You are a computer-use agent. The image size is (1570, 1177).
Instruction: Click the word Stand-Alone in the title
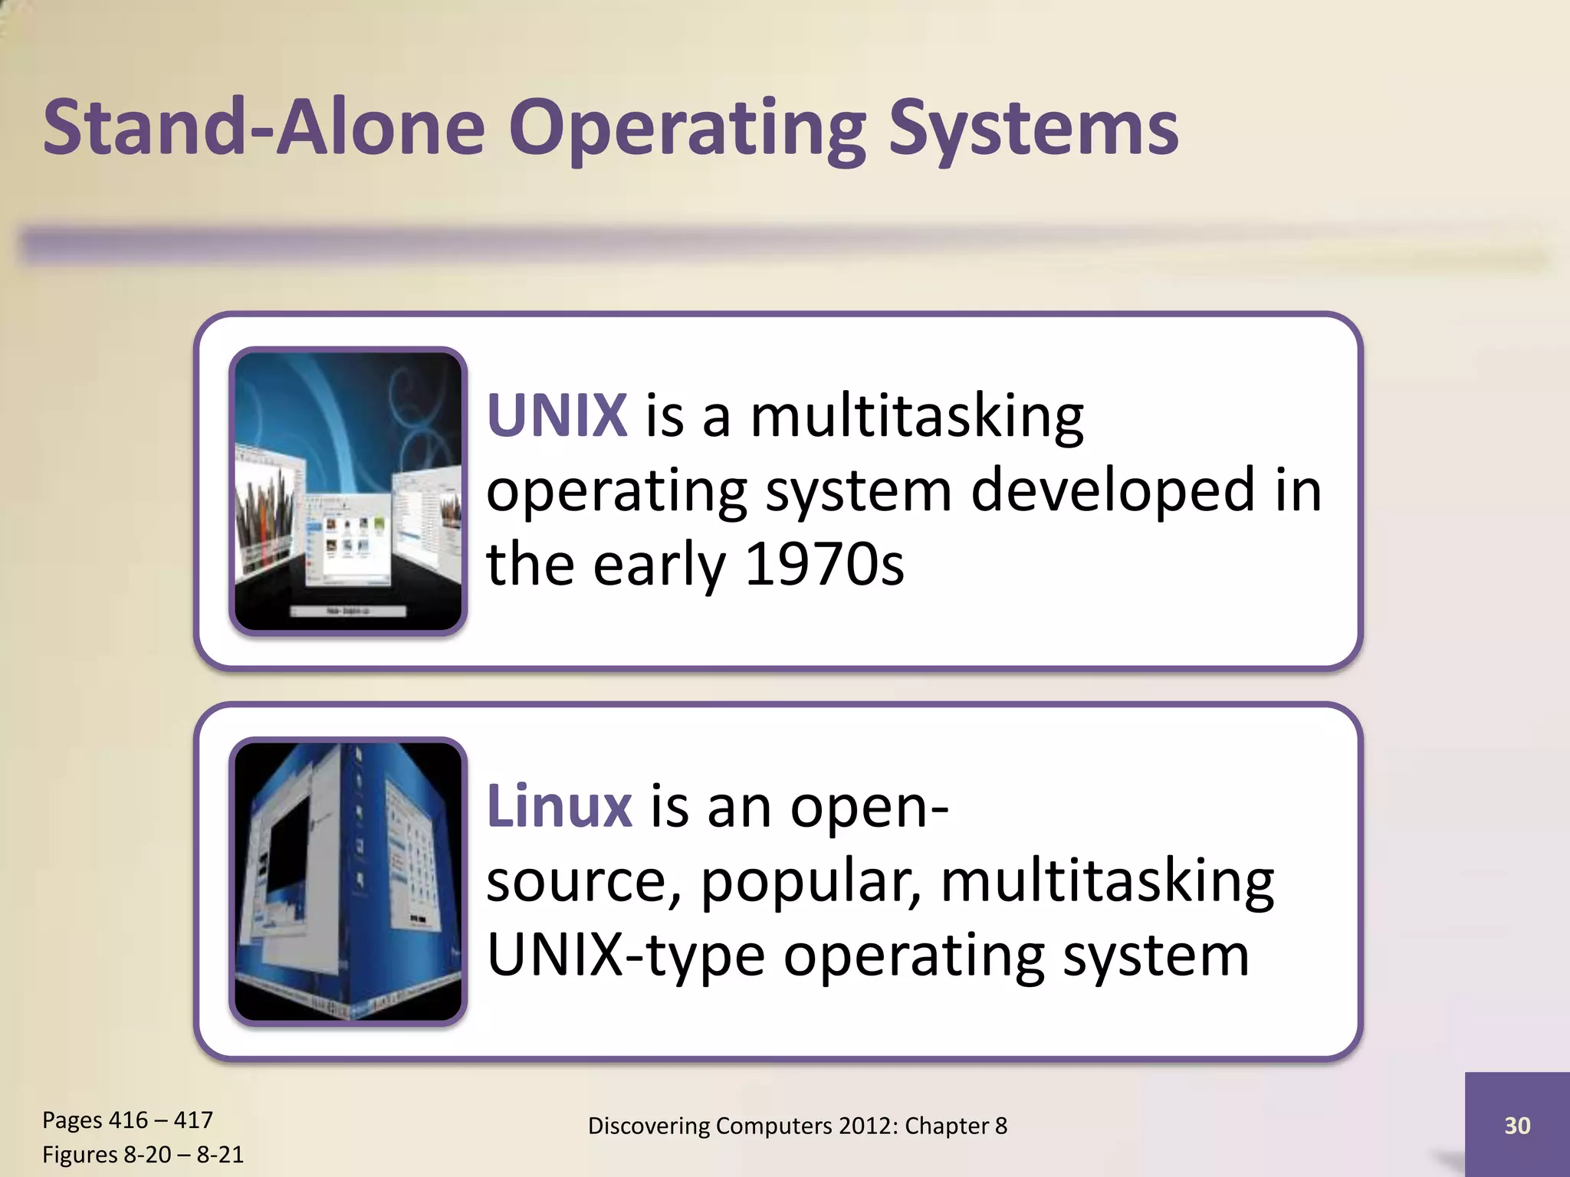click(264, 126)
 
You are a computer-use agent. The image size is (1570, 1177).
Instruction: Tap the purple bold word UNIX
click(557, 416)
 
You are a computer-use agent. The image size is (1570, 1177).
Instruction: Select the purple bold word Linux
click(560, 806)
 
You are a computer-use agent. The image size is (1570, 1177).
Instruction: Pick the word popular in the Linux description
click(810, 883)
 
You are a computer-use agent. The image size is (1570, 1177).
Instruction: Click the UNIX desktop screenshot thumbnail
click(348, 491)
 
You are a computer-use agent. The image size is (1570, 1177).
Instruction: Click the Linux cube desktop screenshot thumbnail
click(348, 881)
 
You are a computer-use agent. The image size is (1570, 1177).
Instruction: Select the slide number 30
click(1517, 1125)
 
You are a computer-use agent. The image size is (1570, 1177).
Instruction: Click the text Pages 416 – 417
click(127, 1120)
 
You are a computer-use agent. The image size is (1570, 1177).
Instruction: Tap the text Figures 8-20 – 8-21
click(143, 1154)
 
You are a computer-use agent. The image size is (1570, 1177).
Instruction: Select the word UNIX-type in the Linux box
click(626, 956)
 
